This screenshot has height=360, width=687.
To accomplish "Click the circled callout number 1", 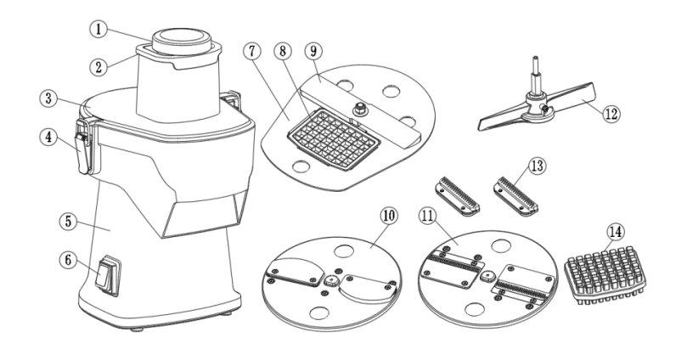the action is pyautogui.click(x=99, y=29).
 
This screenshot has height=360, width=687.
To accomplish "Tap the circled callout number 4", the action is pyautogui.click(x=48, y=138).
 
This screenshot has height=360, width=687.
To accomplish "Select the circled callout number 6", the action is pyautogui.click(x=68, y=260).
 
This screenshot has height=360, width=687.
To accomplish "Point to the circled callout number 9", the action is pyautogui.click(x=313, y=51).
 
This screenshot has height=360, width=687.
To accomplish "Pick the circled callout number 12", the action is pyautogui.click(x=611, y=114).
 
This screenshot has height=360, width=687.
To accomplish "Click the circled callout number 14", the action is pyautogui.click(x=616, y=232).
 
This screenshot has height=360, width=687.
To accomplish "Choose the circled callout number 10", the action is pyautogui.click(x=390, y=216).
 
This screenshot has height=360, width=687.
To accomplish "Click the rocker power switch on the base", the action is pyautogui.click(x=108, y=276).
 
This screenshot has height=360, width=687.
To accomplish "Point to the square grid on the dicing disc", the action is pyautogui.click(x=333, y=139).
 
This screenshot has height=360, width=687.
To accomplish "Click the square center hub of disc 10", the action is pyautogui.click(x=331, y=280).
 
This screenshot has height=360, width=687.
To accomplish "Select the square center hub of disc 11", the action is pyautogui.click(x=487, y=277).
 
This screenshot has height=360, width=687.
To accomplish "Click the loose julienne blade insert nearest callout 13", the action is pyautogui.click(x=515, y=196).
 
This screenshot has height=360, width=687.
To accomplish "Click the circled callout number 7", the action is pyautogui.click(x=252, y=52).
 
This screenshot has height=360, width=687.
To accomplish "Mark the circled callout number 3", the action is pyautogui.click(x=48, y=98).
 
